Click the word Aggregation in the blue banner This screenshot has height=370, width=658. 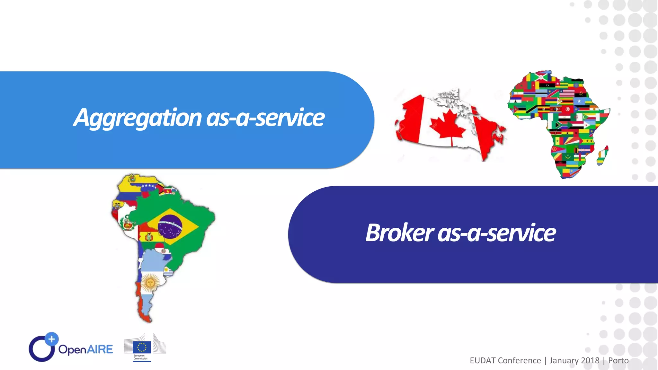tap(138, 118)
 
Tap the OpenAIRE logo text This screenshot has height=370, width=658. tap(85, 349)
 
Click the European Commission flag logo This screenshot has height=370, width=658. tap(142, 348)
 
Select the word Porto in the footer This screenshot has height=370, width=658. tap(618, 361)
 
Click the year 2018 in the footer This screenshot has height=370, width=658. tap(590, 361)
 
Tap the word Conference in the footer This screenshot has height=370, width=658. tap(520, 361)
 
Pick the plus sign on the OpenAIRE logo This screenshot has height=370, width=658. tap(52, 339)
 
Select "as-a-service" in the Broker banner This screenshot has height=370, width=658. tap(496, 233)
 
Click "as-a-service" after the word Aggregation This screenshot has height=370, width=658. tap(265, 118)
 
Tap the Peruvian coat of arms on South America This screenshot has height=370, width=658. tap(127, 224)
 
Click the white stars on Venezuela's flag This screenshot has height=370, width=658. tap(149, 186)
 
